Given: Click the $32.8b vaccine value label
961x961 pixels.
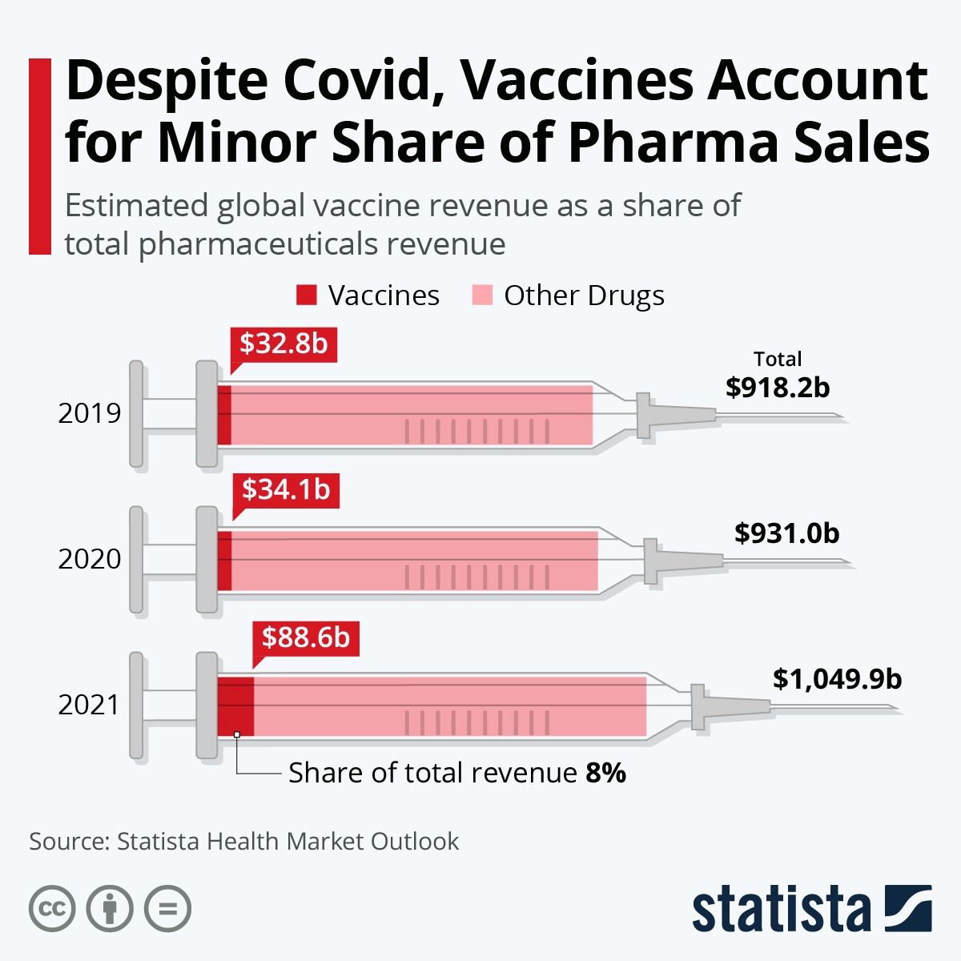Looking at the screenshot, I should pos(283,344).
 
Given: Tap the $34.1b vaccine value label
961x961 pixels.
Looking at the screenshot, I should pos(286,489).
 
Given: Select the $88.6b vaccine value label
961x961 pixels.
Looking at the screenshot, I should pos(306,637).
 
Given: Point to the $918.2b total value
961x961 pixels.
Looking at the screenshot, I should pos(778,388).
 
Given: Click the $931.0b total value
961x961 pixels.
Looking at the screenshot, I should pos(786,533).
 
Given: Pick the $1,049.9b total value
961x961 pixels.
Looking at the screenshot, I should pos(837,679).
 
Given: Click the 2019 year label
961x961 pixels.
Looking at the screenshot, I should pos(90,413).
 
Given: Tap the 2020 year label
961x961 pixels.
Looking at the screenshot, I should pos(90,559).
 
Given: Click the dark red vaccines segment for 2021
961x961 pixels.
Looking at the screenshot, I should pos(235,706).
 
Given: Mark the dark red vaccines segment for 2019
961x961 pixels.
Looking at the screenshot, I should pos(224,414).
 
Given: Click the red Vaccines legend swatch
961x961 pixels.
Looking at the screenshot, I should pos(307,296).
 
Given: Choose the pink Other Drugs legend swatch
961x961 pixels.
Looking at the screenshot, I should pos(482,296).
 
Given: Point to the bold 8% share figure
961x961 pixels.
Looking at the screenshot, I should pos(605,773).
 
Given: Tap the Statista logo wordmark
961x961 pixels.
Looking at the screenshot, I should pos(781,910).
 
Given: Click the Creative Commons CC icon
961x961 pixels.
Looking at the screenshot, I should pos(52,910).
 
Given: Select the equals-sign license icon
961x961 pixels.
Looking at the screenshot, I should pos(167,910).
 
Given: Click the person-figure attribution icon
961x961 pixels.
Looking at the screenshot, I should pos(110,910).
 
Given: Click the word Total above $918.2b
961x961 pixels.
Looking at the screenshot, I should pos(778,359).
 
